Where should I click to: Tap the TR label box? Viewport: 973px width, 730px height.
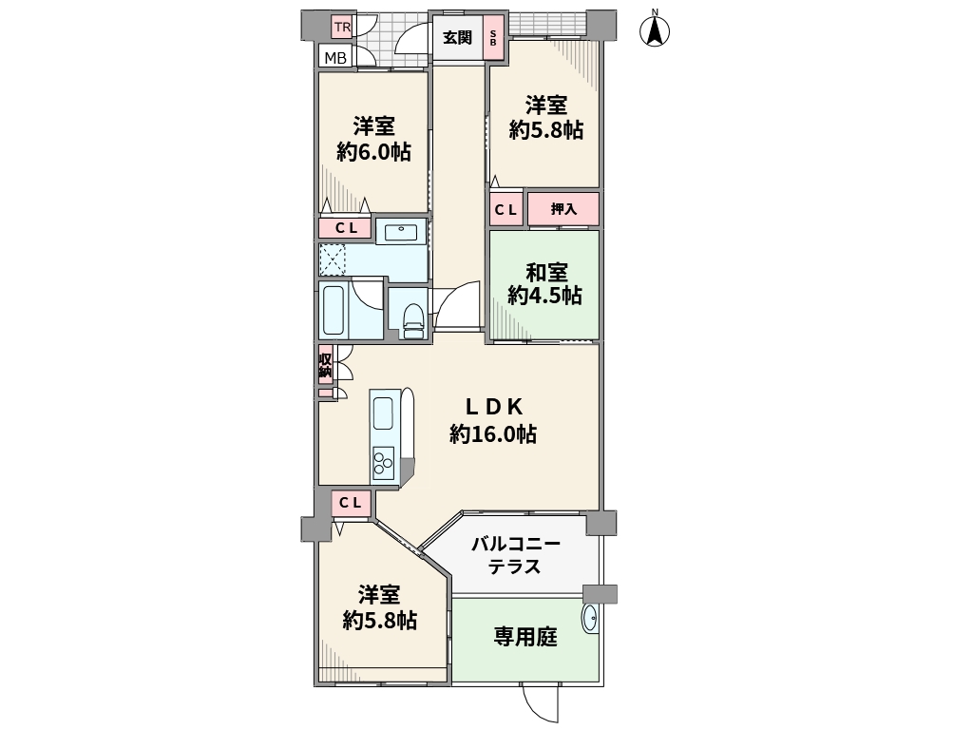(x=342, y=28)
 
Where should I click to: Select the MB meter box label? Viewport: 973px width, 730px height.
(x=335, y=59)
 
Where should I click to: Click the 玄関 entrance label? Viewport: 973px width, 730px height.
(x=457, y=38)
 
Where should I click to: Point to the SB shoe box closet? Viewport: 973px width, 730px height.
(x=493, y=38)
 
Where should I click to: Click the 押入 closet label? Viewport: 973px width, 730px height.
(x=563, y=209)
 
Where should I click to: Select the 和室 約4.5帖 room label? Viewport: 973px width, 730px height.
(x=545, y=283)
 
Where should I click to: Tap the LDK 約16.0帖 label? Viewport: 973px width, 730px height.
(x=493, y=420)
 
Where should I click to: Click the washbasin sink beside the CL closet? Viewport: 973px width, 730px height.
(x=402, y=232)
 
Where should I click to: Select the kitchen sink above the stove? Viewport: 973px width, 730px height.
(x=383, y=413)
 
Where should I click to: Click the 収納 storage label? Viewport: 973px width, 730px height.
(x=325, y=366)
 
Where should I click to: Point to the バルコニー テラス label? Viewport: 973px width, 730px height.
(x=516, y=555)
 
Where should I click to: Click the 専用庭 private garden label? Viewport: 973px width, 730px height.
(x=525, y=637)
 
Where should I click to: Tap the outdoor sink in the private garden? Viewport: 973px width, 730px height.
(x=590, y=618)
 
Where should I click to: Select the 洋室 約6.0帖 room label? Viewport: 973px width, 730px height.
(x=374, y=139)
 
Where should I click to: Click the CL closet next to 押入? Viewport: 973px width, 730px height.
(x=506, y=210)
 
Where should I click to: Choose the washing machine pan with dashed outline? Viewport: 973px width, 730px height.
(x=333, y=260)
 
